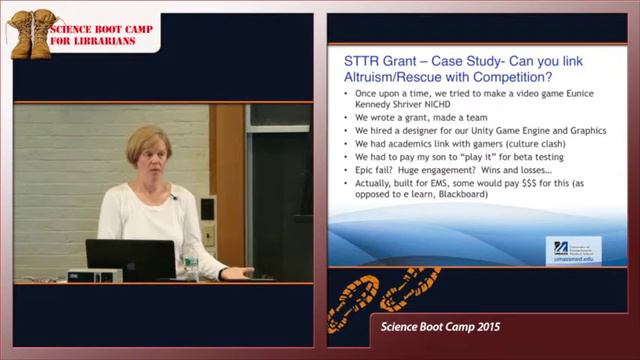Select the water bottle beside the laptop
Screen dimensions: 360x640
(x=190, y=262)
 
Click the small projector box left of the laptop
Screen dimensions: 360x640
(x=95, y=274)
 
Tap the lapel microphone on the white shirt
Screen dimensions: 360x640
(x=173, y=197)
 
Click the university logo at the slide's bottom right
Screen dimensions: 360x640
(x=573, y=249)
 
